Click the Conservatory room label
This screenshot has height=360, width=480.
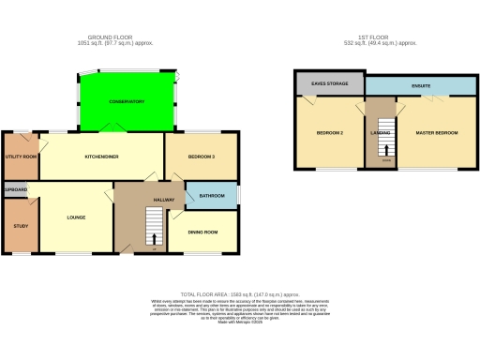click(127, 101)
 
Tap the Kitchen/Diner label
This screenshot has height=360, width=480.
click(100, 157)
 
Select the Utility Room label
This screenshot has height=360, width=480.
click(21, 157)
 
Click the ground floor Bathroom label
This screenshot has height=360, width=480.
click(211, 196)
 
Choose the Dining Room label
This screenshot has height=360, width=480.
click(202, 232)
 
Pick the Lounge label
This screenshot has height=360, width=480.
click(77, 217)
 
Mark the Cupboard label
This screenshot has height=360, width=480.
click(16, 190)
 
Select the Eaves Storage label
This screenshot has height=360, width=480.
click(329, 84)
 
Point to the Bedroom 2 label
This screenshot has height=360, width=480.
click(329, 133)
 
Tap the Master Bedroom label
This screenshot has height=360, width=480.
click(437, 133)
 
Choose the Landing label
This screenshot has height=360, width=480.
click(382, 133)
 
